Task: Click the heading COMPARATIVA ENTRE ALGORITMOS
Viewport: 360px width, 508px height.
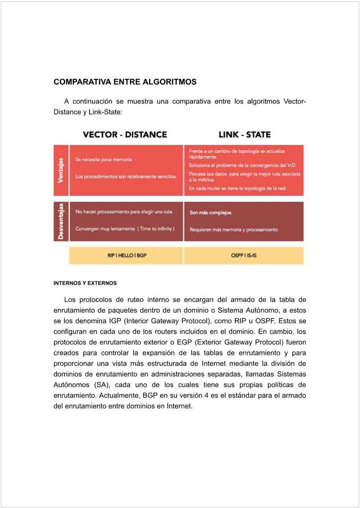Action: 125,82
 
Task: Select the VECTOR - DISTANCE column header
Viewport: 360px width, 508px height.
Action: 125,135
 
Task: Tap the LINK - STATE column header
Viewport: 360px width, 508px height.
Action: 244,135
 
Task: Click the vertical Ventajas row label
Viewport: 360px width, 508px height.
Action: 61,170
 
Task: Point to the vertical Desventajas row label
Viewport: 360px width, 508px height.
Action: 61,221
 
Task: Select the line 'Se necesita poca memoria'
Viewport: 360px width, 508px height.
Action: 103,160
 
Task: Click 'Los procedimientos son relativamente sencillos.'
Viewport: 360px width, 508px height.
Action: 126,177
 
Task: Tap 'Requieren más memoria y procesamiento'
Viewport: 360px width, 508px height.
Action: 234,230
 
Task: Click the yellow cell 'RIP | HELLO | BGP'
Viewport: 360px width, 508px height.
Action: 127,255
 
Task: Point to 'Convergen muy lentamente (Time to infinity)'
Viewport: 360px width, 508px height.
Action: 125,229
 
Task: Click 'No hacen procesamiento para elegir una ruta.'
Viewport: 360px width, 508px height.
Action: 124,212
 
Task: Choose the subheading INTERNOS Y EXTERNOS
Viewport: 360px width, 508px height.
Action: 85,283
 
